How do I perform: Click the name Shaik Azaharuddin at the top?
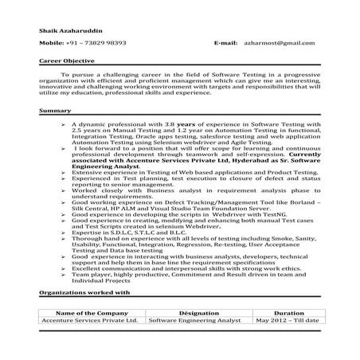coord(66,30)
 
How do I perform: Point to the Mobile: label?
coord(53,41)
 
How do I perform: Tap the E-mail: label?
coord(226,41)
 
